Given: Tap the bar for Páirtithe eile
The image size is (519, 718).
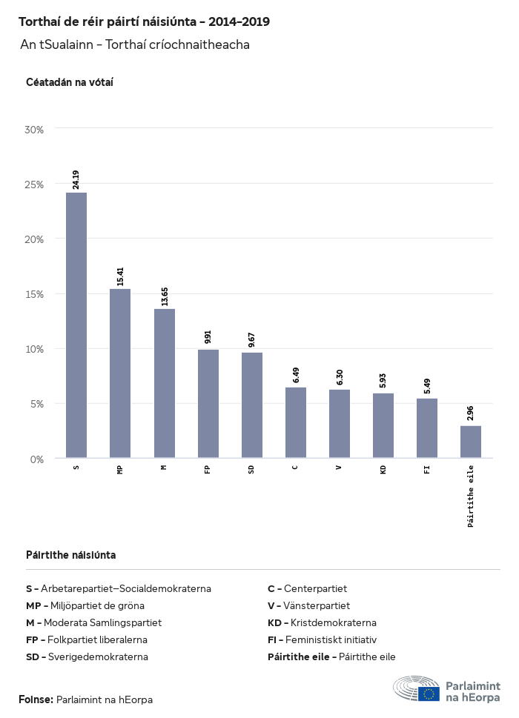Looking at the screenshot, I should [471, 442].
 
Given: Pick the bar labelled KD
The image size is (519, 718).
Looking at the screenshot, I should [383, 425].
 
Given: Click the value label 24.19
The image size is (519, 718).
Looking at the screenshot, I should [76, 180].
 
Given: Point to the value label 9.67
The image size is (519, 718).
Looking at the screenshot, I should [252, 340].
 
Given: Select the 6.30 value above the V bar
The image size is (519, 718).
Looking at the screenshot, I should [340, 377].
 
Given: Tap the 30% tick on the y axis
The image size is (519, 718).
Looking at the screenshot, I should [35, 130].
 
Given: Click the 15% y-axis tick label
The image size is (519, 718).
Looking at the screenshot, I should [35, 294].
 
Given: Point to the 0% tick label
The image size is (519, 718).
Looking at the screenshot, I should [37, 459].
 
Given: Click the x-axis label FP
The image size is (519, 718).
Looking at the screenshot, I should [208, 469].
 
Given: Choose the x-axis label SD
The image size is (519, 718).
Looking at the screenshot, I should [252, 469].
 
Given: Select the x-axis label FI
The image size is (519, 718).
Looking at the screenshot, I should [427, 469].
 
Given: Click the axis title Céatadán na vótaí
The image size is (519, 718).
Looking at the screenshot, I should [69, 82].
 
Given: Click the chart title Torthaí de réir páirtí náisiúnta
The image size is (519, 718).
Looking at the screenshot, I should [144, 22].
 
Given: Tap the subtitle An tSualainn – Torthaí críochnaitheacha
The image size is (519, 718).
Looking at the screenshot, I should [135, 44].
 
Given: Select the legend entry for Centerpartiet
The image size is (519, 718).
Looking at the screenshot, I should [307, 589].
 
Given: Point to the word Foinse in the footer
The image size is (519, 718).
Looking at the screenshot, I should [36, 699].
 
